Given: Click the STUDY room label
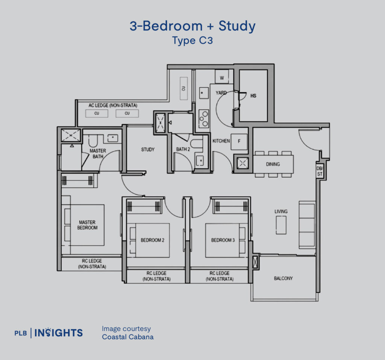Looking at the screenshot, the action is (148, 149).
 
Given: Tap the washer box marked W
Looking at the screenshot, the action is (222, 76).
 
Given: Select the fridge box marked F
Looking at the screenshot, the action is (239, 141).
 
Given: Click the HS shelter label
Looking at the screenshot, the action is (253, 96).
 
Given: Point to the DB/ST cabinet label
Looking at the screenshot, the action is (320, 171).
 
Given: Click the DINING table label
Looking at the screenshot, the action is (273, 164).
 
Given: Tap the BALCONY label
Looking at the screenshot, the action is (283, 278).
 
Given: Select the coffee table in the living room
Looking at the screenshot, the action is (281, 225).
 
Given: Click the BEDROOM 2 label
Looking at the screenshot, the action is (153, 240).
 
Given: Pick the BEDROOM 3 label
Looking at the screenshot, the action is (223, 240).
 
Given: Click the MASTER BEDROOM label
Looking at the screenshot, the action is (87, 225).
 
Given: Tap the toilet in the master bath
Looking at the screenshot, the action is (93, 140).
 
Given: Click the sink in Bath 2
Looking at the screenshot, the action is (200, 161).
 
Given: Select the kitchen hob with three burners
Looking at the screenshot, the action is (204, 119).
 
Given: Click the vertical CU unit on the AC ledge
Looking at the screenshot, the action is (183, 88).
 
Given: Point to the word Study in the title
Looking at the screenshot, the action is (237, 26).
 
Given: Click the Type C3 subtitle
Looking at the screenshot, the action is (192, 41).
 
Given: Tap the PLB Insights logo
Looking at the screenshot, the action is (49, 333).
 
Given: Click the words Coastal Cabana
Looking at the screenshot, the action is (128, 337).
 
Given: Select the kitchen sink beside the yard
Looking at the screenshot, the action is (204, 93).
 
